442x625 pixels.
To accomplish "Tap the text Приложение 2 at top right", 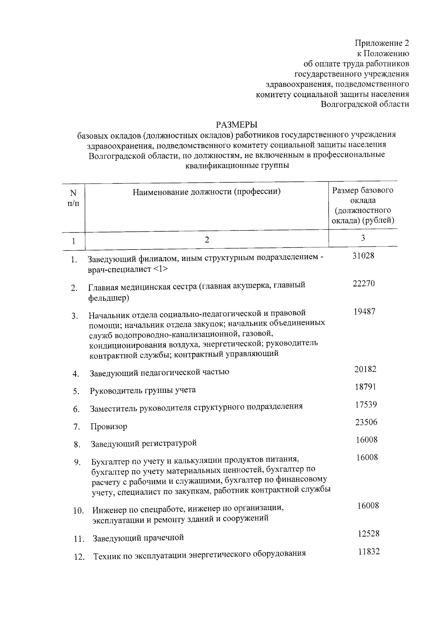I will (382, 43).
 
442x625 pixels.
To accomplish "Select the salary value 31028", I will (363, 256).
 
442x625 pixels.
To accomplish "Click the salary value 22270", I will (364, 284).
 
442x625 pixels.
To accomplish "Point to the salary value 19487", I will (364, 312).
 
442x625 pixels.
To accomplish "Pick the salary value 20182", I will (365, 369).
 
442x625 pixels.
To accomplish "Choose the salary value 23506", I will (366, 422).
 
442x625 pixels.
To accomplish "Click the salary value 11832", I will (369, 552).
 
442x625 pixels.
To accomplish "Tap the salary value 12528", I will (368, 534).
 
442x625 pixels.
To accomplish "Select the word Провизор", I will (109, 427).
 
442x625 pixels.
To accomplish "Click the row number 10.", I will (78, 511).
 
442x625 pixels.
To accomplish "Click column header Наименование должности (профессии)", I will (207, 192).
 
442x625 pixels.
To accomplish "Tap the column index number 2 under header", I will (207, 240).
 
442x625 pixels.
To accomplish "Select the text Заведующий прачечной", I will (138, 538).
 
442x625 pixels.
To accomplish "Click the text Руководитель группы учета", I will (143, 390).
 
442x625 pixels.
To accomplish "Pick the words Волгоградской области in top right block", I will (365, 104).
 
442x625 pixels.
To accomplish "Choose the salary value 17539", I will (366, 405).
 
